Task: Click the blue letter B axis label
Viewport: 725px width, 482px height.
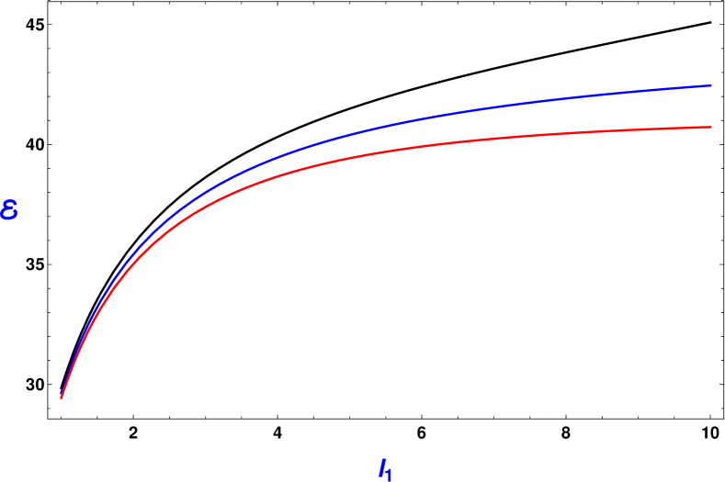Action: click(x=10, y=210)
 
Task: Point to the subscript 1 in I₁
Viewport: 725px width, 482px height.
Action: click(x=390, y=475)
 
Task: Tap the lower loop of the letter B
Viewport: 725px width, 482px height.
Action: click(x=9, y=215)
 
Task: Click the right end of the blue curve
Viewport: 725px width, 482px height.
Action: click(x=711, y=85)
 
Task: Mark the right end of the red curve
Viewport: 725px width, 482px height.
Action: click(x=711, y=127)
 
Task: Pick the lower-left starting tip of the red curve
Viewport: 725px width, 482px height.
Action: click(x=62, y=398)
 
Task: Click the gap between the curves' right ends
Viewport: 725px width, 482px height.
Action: click(x=711, y=106)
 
